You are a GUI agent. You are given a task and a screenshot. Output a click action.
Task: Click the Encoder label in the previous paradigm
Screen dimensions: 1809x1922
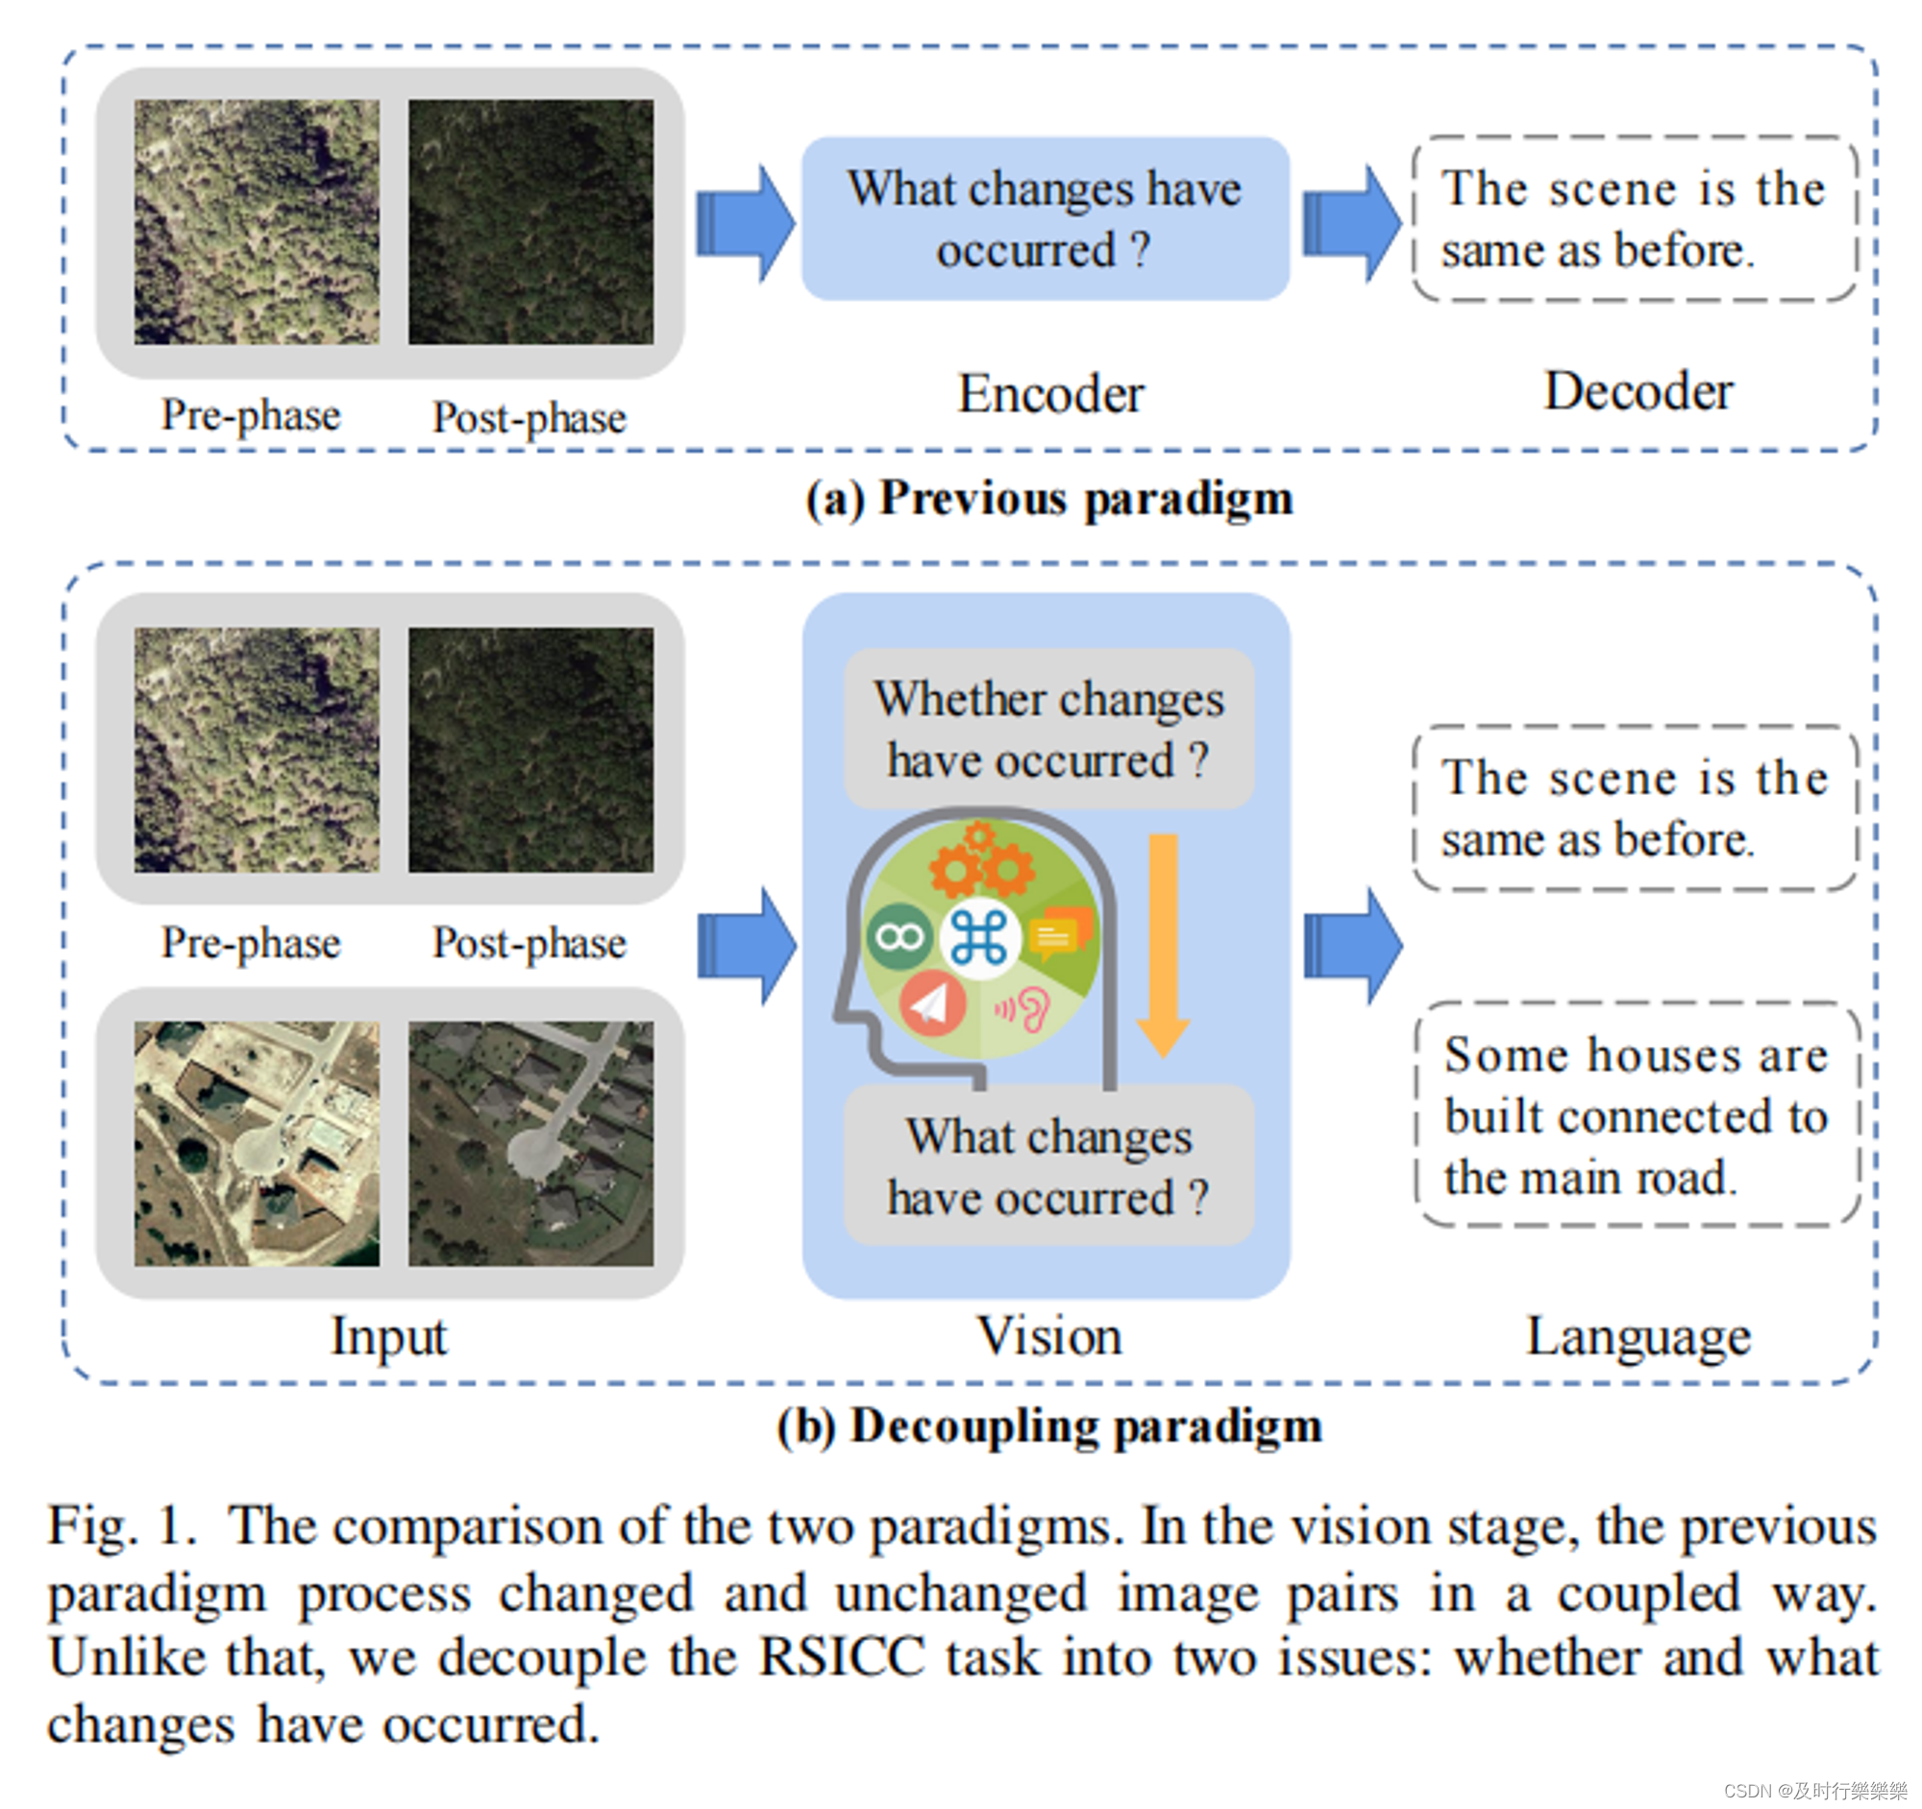click(1050, 393)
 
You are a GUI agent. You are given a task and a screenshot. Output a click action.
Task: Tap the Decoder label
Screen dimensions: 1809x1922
click(1638, 391)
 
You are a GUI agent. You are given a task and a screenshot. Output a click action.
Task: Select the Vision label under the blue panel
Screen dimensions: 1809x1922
click(1049, 1336)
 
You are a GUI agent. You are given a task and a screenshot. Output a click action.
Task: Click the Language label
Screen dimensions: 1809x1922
click(1638, 1337)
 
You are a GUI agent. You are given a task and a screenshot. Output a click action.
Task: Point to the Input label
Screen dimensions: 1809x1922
click(388, 1337)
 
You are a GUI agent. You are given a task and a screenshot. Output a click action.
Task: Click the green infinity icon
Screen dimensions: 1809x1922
click(899, 937)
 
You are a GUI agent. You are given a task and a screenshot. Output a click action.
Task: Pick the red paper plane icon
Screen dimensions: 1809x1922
click(932, 1004)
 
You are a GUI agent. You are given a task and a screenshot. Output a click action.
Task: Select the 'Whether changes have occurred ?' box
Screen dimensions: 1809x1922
click(1049, 729)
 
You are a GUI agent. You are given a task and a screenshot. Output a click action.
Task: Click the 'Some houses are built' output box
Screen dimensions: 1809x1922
click(1636, 1115)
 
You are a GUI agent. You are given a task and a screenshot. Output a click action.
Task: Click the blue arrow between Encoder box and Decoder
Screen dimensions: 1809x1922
click(1350, 223)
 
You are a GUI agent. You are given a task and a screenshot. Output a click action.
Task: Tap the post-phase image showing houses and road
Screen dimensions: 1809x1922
click(530, 1143)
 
